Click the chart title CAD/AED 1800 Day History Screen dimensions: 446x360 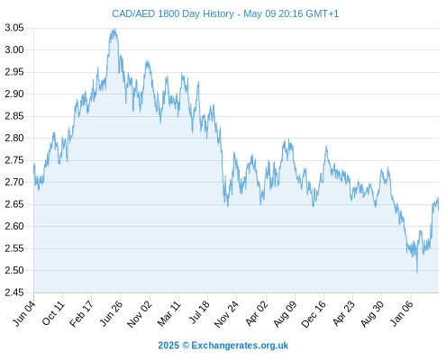pyautogui.click(x=173, y=13)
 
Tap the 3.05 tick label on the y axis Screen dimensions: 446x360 pyautogui.click(x=14, y=28)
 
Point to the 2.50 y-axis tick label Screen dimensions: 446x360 pyautogui.click(x=14, y=270)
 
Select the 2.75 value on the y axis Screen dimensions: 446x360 pyautogui.click(x=14, y=160)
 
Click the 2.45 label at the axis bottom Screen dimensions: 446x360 pyautogui.click(x=14, y=292)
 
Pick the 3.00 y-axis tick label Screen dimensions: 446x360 pyautogui.click(x=14, y=49)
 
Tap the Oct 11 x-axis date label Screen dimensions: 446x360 pyautogui.click(x=53, y=313)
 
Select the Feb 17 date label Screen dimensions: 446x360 pyautogui.click(x=82, y=313)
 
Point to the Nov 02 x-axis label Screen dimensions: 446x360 pyautogui.click(x=140, y=314)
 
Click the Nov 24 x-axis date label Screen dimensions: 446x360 pyautogui.click(x=227, y=314)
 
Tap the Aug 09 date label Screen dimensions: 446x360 pyautogui.click(x=286, y=314)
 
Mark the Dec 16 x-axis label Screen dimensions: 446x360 pyautogui.click(x=314, y=314)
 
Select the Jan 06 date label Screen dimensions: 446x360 pyautogui.click(x=402, y=313)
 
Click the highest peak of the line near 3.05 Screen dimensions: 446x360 pyautogui.click(x=114, y=29)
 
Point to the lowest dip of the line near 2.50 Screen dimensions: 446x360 pyautogui.click(x=417, y=273)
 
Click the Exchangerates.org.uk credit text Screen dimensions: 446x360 pyautogui.click(x=240, y=346)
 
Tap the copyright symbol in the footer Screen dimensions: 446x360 pyautogui.click(x=186, y=346)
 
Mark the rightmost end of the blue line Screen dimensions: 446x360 pyautogui.click(x=439, y=210)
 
